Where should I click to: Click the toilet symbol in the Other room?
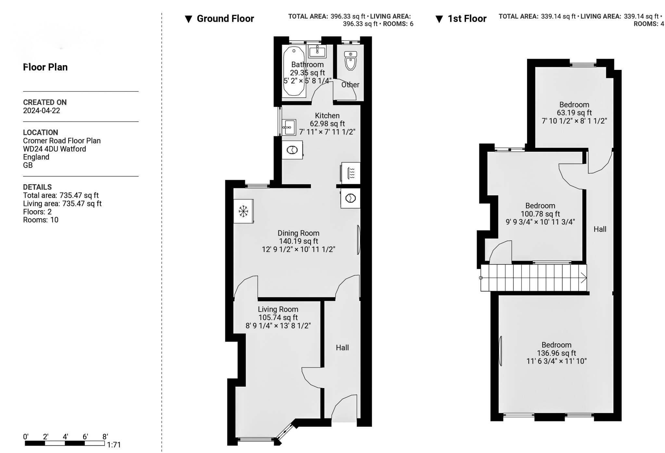350,60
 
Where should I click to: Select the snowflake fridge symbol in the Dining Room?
243,211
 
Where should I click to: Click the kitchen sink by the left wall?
289,127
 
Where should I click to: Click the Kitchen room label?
327,116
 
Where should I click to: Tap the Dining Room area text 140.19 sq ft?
298,241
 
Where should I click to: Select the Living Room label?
278,309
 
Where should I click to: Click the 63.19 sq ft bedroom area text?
574,113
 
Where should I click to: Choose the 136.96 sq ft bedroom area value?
556,353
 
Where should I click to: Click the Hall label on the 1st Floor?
600,229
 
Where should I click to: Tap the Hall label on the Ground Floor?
342,348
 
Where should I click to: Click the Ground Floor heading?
225,19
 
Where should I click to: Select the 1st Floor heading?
467,19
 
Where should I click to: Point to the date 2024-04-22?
42,110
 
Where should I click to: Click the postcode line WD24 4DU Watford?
55,149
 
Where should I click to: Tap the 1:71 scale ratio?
114,445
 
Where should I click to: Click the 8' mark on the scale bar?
105,437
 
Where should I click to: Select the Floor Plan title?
45,67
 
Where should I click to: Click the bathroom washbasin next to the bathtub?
317,51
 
